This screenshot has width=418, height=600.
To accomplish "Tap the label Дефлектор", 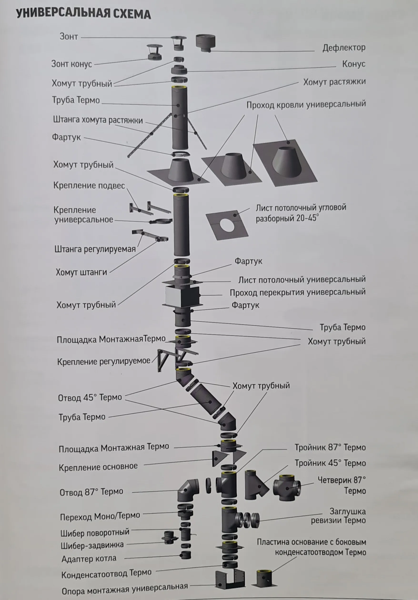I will (x=343, y=48).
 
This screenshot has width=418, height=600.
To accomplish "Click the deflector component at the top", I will (x=206, y=42).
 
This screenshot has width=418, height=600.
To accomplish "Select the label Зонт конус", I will (x=72, y=64).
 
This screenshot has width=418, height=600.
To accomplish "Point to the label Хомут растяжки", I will (x=334, y=82).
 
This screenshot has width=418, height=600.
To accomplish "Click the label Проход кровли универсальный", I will (x=306, y=105).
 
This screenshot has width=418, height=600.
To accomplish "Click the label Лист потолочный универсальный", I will (x=302, y=280).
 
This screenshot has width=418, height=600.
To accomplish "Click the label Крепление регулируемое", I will (x=104, y=361).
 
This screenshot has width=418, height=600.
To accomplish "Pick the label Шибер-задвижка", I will (x=92, y=545).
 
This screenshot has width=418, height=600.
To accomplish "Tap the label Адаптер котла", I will (x=89, y=559).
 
